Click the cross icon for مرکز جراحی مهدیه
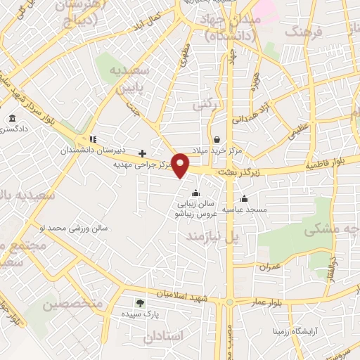tap(142, 153)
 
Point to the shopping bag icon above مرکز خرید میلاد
tap(217, 139)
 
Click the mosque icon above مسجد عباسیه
tap(244, 198)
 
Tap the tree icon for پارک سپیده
tap(139, 303)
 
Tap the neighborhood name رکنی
tap(203, 104)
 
